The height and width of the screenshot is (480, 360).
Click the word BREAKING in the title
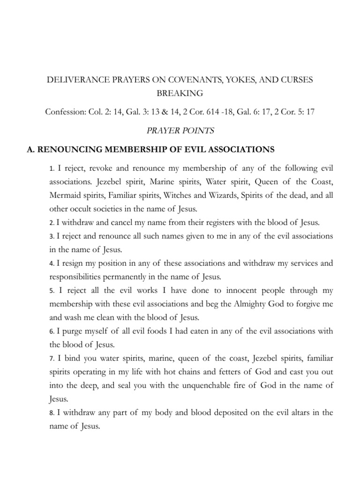(x=180, y=93)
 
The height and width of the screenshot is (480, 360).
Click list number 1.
(x=52, y=169)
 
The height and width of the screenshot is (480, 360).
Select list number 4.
(x=52, y=263)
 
